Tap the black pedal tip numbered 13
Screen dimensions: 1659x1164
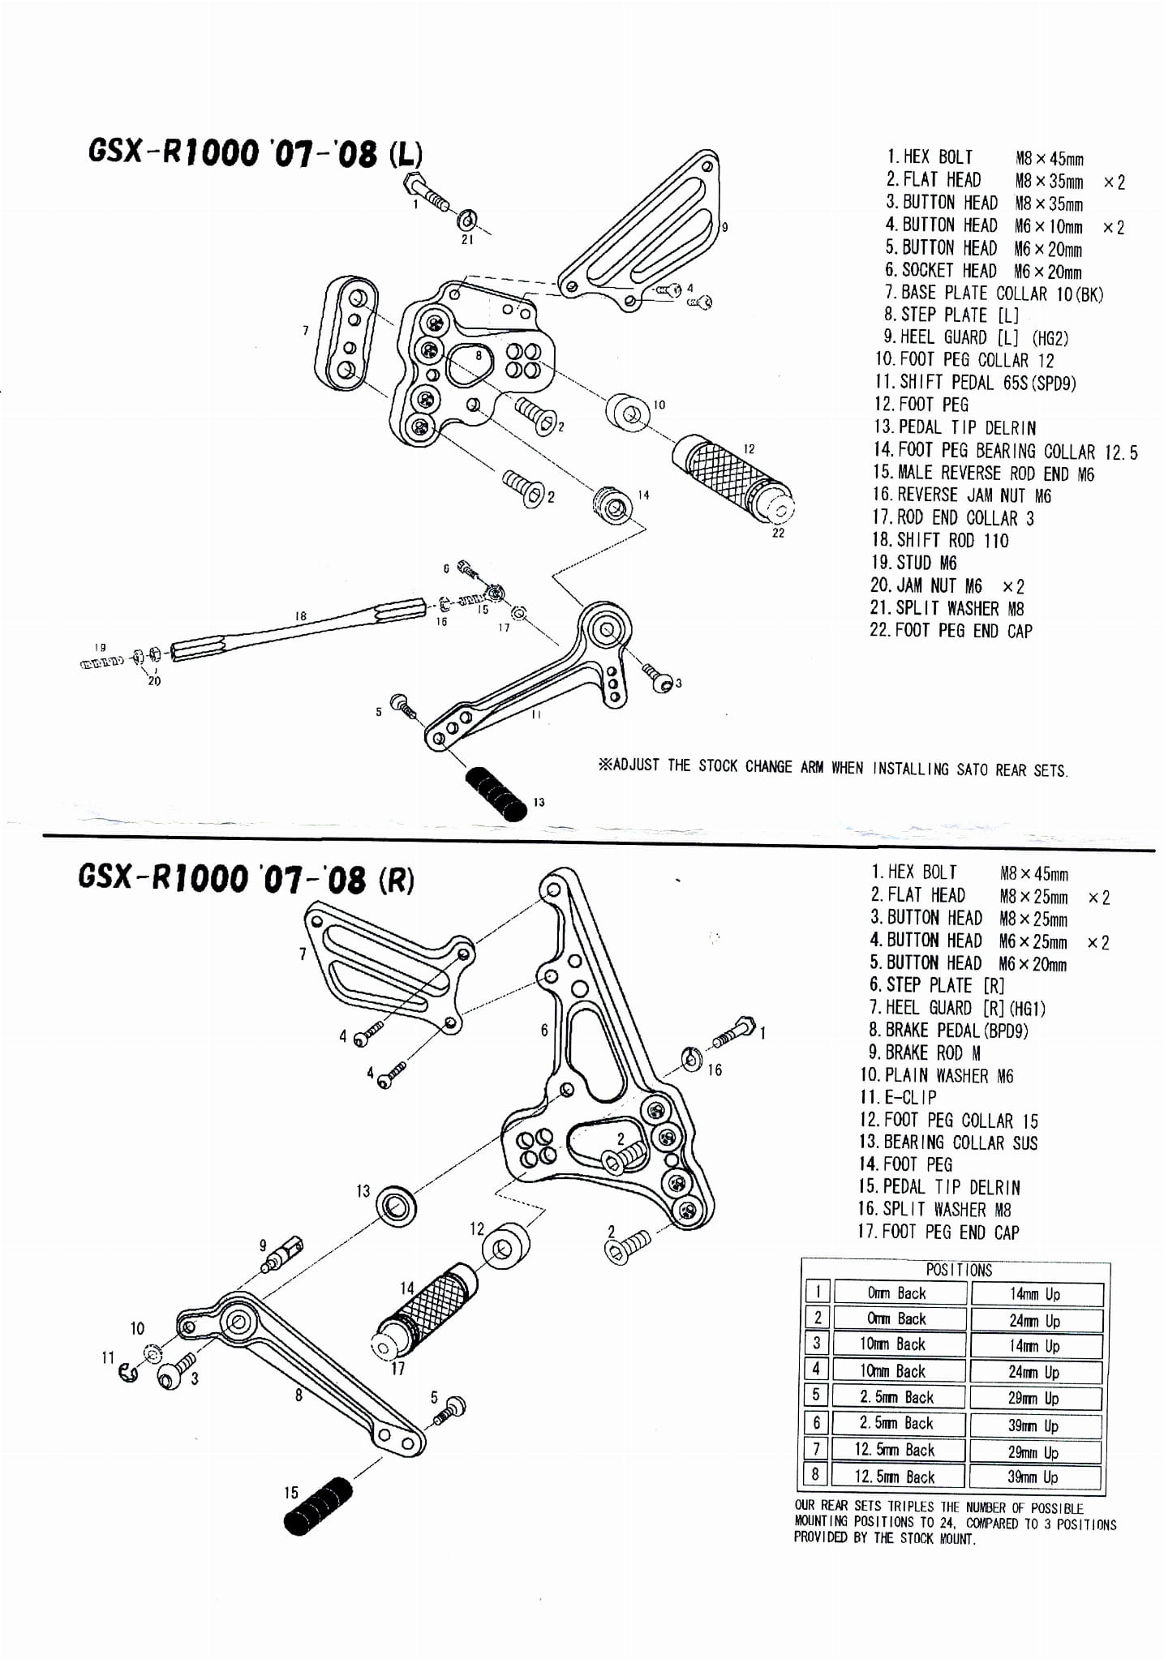pos(496,795)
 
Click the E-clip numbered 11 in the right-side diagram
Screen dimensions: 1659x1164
pos(128,1371)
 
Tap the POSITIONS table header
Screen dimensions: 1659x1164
pos(958,1270)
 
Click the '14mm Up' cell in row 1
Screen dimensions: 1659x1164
pos(1034,1294)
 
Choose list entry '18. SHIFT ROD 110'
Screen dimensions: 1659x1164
pos(940,540)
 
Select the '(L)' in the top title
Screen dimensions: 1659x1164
pos(405,155)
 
